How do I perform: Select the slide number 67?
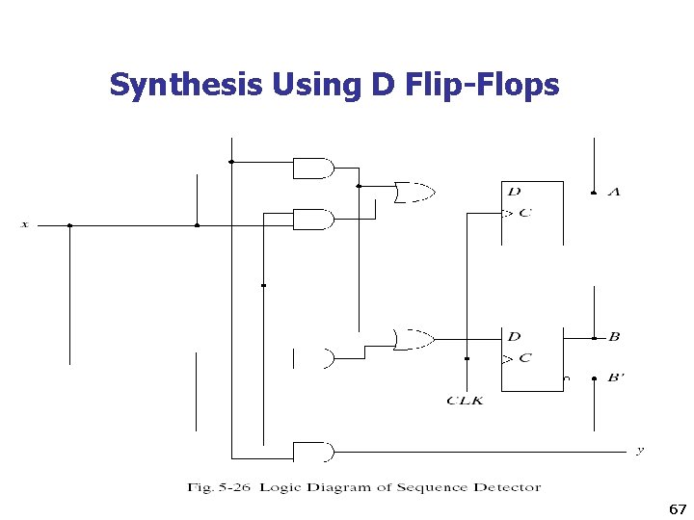tap(677, 508)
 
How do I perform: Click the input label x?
tap(25, 224)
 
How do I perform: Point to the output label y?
tap(640, 450)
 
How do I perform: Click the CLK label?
tap(465, 400)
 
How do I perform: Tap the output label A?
tap(614, 193)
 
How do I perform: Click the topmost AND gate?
tap(312, 169)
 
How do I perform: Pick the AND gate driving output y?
tap(312, 452)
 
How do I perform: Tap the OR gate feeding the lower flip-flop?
tap(414, 338)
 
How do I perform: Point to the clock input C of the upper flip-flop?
tap(523, 213)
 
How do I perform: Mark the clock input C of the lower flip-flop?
tap(523, 358)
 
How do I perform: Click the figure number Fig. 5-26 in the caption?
tap(221, 487)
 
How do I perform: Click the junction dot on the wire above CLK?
tap(467, 358)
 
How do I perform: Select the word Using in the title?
tap(316, 86)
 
